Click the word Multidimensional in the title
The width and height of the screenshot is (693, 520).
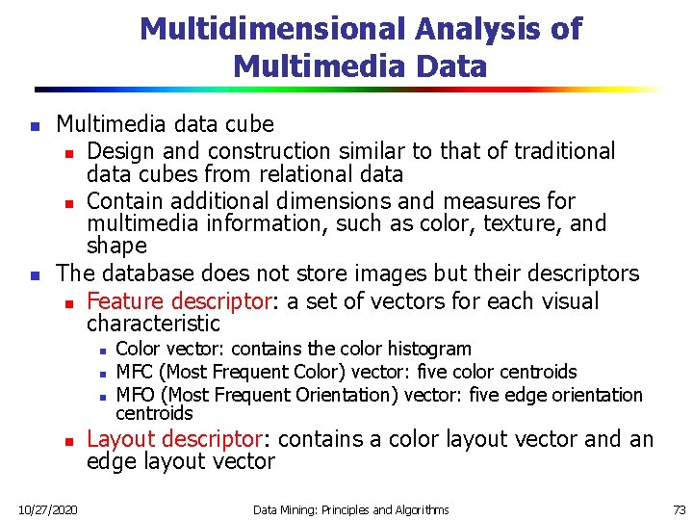coord(273,29)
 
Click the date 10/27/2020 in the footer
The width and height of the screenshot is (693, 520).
coord(49,509)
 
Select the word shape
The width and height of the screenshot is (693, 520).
coord(116,246)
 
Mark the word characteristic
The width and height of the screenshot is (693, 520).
coord(153,323)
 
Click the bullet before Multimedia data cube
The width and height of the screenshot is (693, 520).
coord(35,126)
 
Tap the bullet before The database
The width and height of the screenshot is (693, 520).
coord(35,275)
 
